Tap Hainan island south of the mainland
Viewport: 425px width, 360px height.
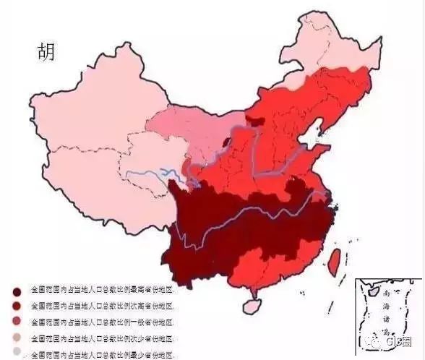click(251, 307)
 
